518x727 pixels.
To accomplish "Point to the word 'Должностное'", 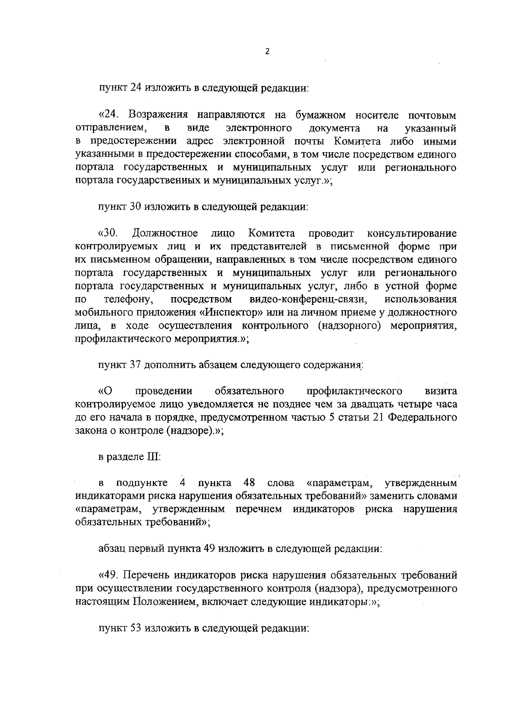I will pos(165,234).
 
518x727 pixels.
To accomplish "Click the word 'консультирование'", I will pos(411,234).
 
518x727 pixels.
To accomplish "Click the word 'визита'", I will pos(441,391).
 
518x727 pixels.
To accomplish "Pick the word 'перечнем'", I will pos(259,509).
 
